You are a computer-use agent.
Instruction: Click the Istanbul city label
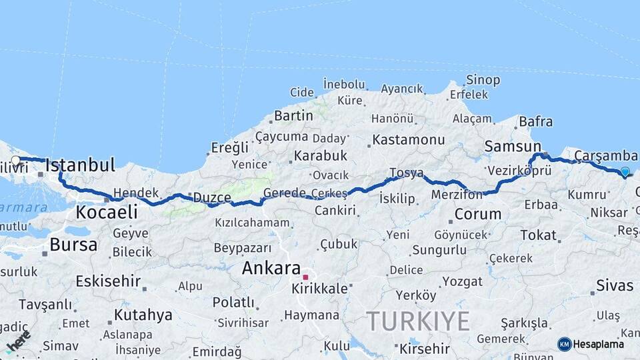pyautogui.click(x=80, y=165)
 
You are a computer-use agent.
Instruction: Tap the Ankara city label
pyautogui.click(x=271, y=268)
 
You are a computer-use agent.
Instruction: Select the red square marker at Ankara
pyautogui.click(x=305, y=277)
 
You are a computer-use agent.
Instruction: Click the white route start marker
pyautogui.click(x=15, y=160)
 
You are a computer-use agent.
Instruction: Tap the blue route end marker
pyautogui.click(x=625, y=172)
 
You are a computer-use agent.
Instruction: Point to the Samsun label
pyautogui.click(x=513, y=146)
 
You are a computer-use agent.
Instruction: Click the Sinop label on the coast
pyautogui.click(x=483, y=81)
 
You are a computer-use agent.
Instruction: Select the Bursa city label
pyautogui.click(x=73, y=245)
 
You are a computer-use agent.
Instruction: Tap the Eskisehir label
pyautogui.click(x=107, y=281)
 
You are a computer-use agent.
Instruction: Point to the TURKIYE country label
pyautogui.click(x=417, y=321)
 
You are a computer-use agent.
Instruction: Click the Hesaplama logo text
pyautogui.click(x=598, y=344)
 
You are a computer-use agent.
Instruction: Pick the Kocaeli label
pyautogui.click(x=107, y=212)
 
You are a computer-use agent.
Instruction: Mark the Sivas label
pyautogui.click(x=615, y=285)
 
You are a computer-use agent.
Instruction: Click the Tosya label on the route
pyautogui.click(x=406, y=173)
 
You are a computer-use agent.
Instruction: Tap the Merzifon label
pyautogui.click(x=457, y=195)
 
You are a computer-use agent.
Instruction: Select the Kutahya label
pyautogui.click(x=143, y=314)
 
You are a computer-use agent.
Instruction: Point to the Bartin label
pyautogui.click(x=293, y=115)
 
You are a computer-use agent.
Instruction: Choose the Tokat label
pyautogui.click(x=538, y=235)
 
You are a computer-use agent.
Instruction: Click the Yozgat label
pyautogui.click(x=462, y=281)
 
